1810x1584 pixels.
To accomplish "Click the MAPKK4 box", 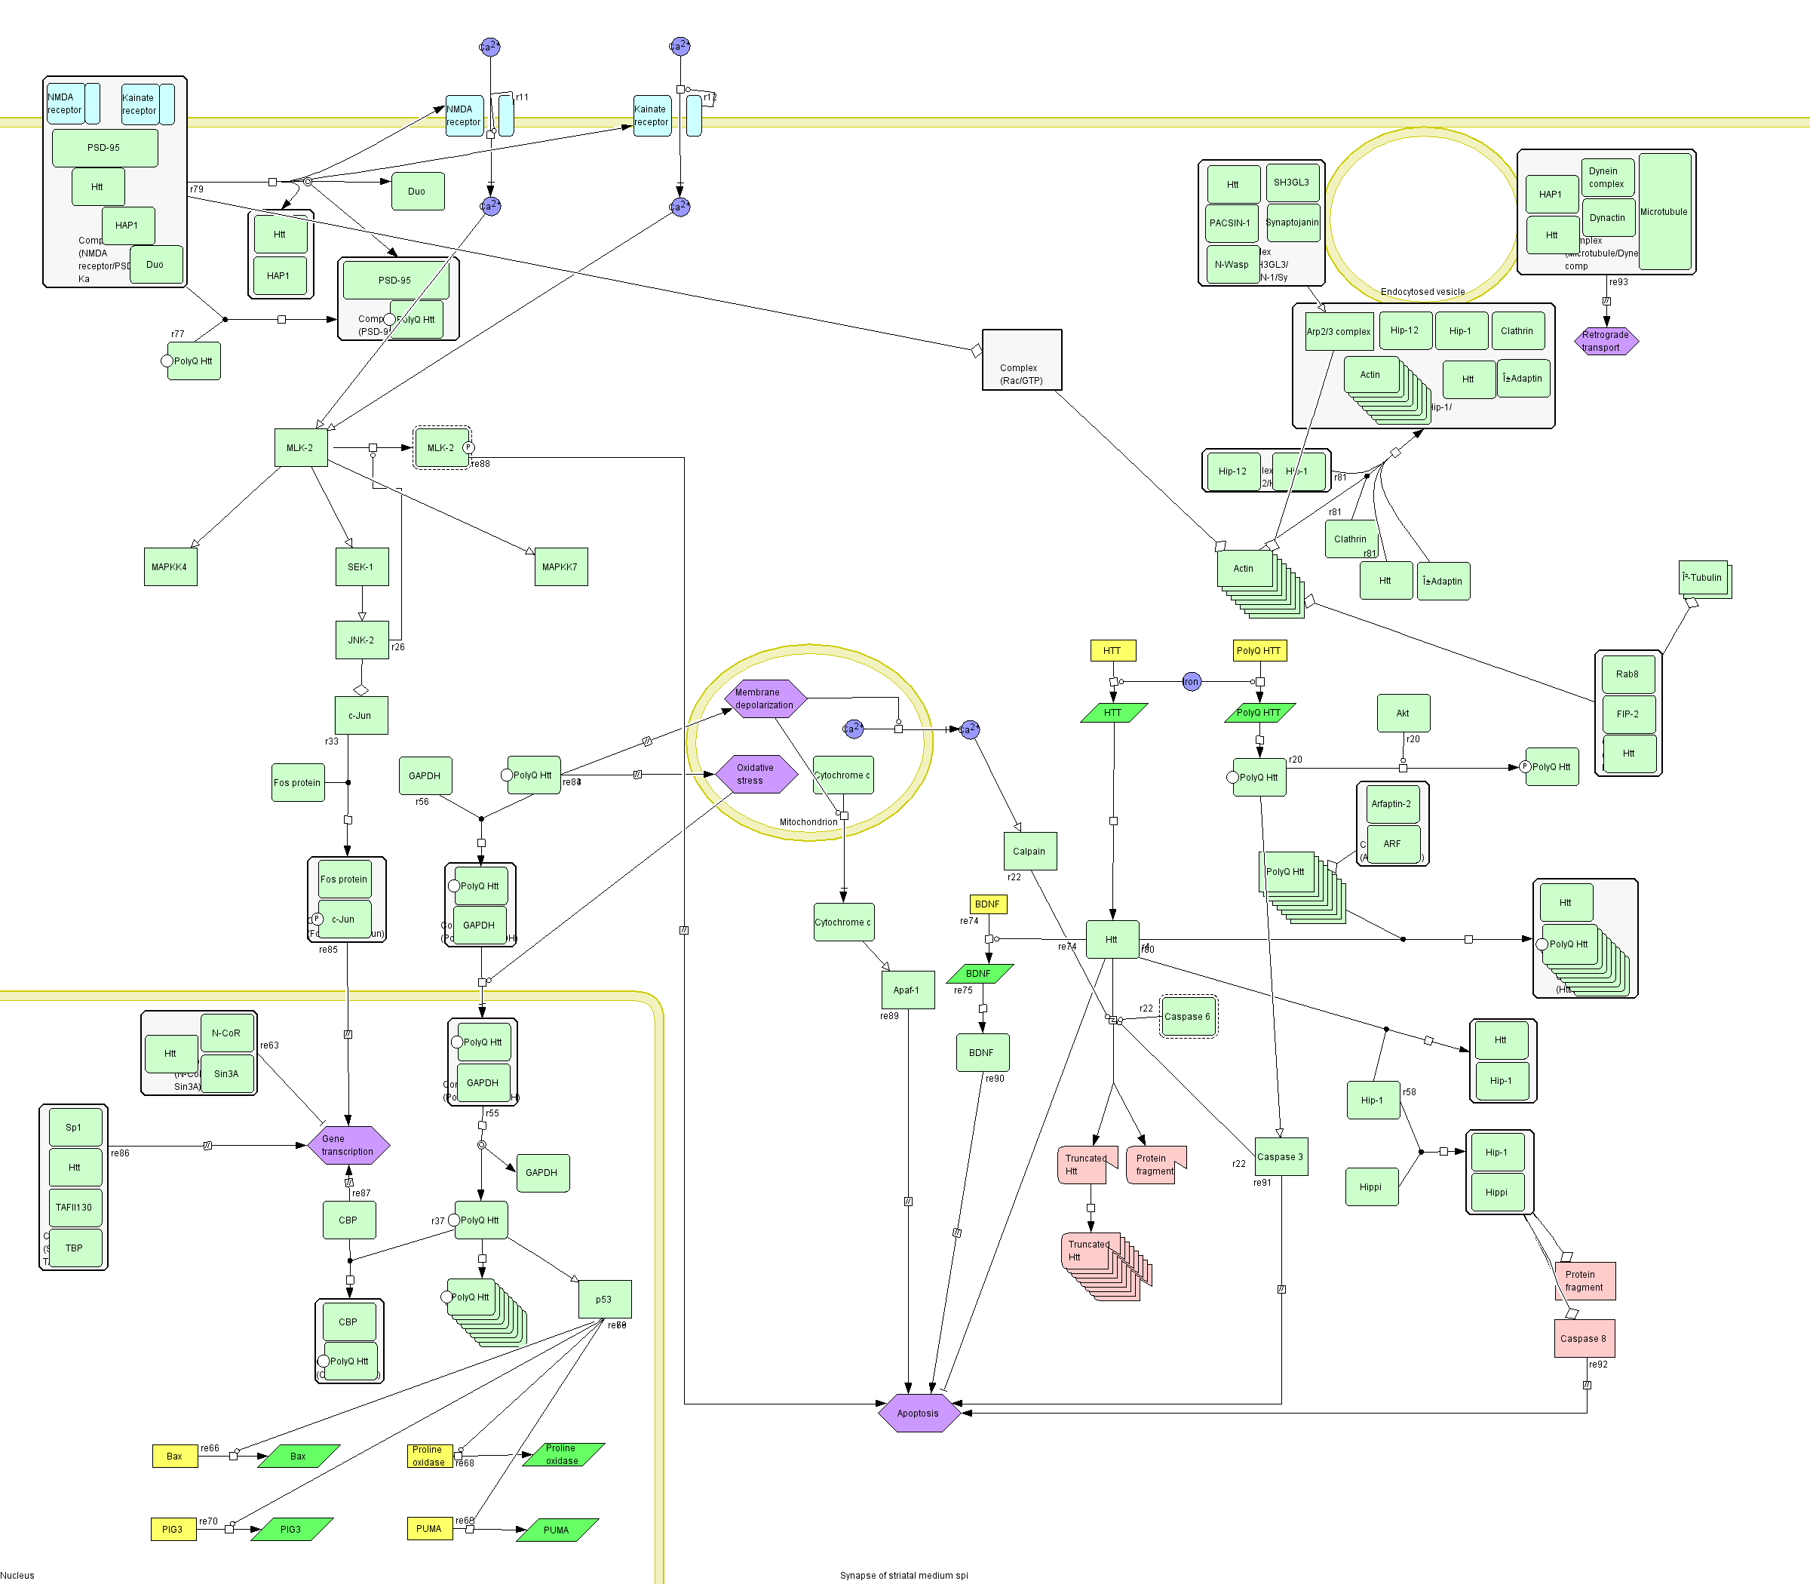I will tap(170, 566).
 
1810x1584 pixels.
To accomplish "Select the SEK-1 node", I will tap(361, 566).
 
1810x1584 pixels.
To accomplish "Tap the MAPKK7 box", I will tap(560, 566).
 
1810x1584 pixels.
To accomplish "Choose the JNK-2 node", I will tap(361, 640).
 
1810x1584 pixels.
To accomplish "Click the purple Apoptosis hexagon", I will tap(919, 1413).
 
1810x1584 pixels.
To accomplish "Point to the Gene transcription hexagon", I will tap(348, 1145).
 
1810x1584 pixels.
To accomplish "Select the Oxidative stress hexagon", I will tap(756, 775).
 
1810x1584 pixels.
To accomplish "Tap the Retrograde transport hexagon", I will tap(1606, 341).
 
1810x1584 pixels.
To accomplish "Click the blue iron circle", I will tap(1192, 682).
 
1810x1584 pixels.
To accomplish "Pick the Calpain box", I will tap(1029, 852).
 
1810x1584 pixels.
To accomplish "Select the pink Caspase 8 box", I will tap(1584, 1338).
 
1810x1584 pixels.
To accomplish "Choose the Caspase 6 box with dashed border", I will tap(1188, 1017).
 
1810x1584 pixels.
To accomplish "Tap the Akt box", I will tap(1403, 714).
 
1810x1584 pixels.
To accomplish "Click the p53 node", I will tap(605, 1298).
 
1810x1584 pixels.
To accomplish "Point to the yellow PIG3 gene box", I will tap(173, 1529).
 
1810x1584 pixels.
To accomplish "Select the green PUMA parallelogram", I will tap(557, 1530).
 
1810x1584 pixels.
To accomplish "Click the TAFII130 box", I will tap(74, 1208).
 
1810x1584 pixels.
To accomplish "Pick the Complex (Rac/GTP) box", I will tap(1022, 361).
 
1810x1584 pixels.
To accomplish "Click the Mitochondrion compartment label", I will tap(808, 822).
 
